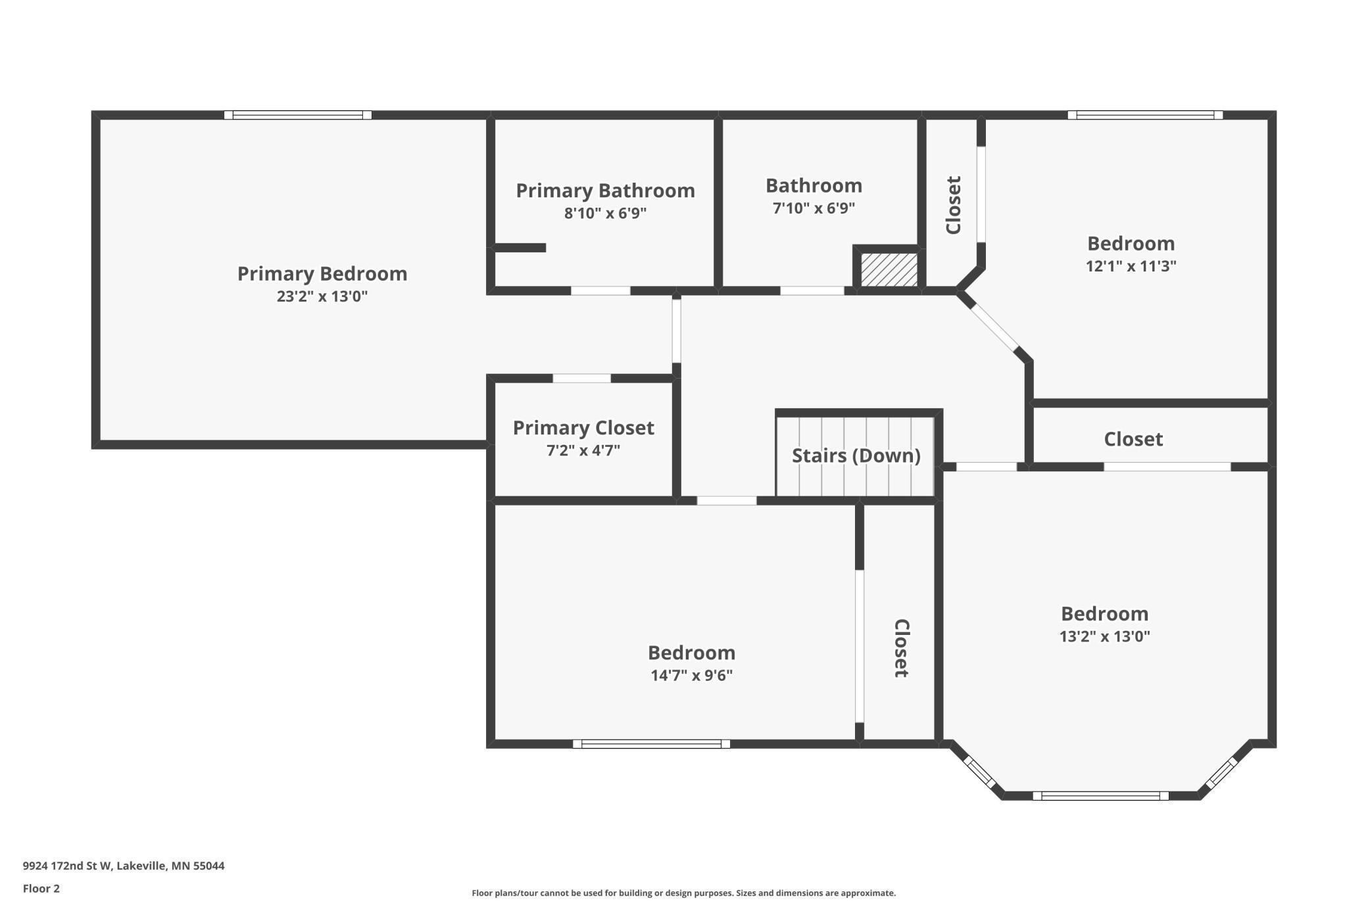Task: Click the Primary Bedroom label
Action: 322,273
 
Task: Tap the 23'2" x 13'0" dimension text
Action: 322,296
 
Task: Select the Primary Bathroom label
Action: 605,191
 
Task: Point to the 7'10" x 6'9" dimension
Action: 814,208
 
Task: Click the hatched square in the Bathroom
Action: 889,269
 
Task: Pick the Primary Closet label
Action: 583,428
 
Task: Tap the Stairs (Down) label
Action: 856,455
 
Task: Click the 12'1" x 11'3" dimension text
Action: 1131,266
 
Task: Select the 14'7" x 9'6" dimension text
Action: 691,676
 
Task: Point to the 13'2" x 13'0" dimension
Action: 1104,636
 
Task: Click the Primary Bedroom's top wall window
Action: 298,115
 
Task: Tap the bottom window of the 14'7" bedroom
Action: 651,744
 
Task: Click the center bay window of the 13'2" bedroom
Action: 1100,796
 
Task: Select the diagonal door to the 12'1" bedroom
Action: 994,326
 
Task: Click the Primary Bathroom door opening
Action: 600,291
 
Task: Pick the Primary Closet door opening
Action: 581,378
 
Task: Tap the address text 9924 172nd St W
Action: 68,866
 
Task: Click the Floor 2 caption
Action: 41,889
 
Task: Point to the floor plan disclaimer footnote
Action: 683,893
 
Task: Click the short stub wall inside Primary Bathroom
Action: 520,248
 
